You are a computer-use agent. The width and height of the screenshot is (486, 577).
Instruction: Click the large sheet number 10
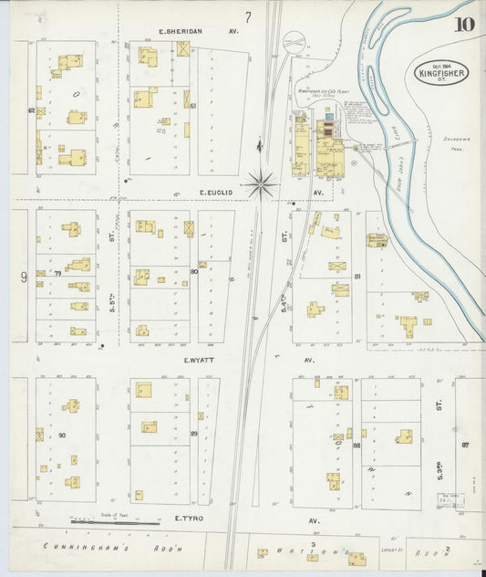[464, 25]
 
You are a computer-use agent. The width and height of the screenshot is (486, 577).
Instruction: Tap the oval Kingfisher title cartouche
[443, 70]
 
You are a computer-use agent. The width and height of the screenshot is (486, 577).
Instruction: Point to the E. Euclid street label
[218, 193]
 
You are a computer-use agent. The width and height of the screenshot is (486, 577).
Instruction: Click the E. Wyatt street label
[198, 360]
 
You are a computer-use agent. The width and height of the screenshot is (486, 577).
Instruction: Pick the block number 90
[62, 435]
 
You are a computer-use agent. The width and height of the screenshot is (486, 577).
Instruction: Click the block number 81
[357, 275]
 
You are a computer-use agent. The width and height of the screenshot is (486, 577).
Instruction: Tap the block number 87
[465, 444]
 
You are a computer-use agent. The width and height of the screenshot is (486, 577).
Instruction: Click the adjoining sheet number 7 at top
[247, 16]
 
